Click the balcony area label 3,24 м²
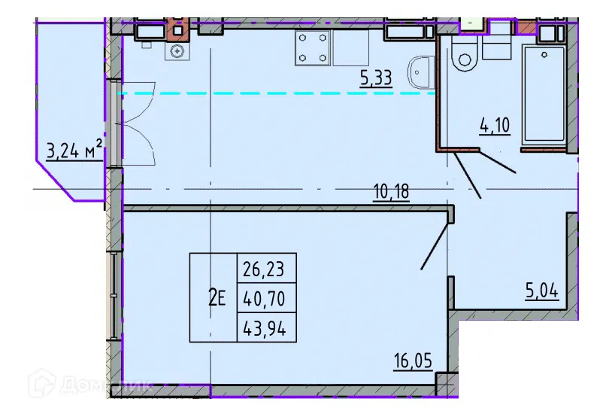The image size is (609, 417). [x=74, y=151]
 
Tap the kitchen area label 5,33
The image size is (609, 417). [x=376, y=77]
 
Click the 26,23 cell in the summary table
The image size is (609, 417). [x=267, y=269]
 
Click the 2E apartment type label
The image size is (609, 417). [x=217, y=298]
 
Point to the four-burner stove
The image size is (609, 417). [x=313, y=47]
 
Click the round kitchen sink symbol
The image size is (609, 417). [x=177, y=51]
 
